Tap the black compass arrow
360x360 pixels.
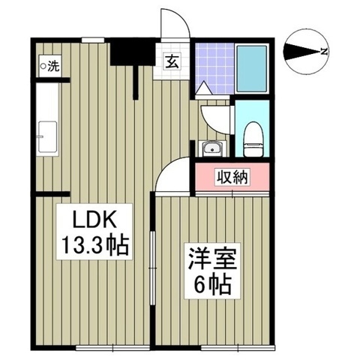(x=302, y=52)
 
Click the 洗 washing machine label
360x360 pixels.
(x=52, y=66)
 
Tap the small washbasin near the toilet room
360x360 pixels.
(x=211, y=146)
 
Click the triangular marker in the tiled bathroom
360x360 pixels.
(x=202, y=88)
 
